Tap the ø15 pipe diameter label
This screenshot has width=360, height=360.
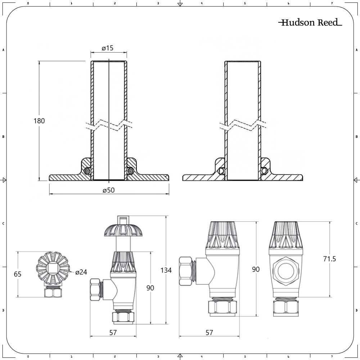click(x=108, y=48)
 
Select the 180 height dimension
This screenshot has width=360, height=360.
click(x=40, y=121)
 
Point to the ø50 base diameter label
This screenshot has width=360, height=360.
click(x=108, y=190)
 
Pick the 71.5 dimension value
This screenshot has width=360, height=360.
click(x=329, y=258)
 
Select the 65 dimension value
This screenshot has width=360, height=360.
click(x=18, y=274)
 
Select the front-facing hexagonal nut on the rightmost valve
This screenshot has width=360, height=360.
click(x=285, y=269)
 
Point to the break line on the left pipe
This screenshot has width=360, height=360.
click(x=108, y=125)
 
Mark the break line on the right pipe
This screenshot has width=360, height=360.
click(x=243, y=125)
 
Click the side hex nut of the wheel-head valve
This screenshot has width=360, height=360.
click(x=96, y=290)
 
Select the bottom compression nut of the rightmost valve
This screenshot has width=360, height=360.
click(x=285, y=307)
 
